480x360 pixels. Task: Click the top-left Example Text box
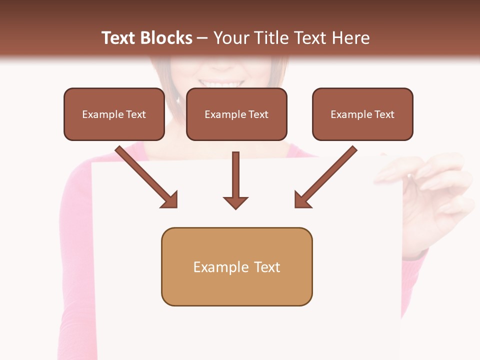pyautogui.click(x=114, y=114)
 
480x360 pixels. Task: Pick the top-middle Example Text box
pyautogui.click(x=236, y=114)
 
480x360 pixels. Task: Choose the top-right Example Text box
pyautogui.click(x=362, y=114)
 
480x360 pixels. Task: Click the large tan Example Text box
pyautogui.click(x=236, y=267)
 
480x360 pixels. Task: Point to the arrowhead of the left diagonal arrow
pyautogui.click(x=169, y=200)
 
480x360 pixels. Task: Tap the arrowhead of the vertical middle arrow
pyautogui.click(x=235, y=202)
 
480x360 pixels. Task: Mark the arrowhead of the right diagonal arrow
pyautogui.click(x=302, y=200)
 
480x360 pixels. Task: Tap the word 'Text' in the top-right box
pyautogui.click(x=384, y=114)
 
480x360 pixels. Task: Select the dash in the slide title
pyautogui.click(x=202, y=38)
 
